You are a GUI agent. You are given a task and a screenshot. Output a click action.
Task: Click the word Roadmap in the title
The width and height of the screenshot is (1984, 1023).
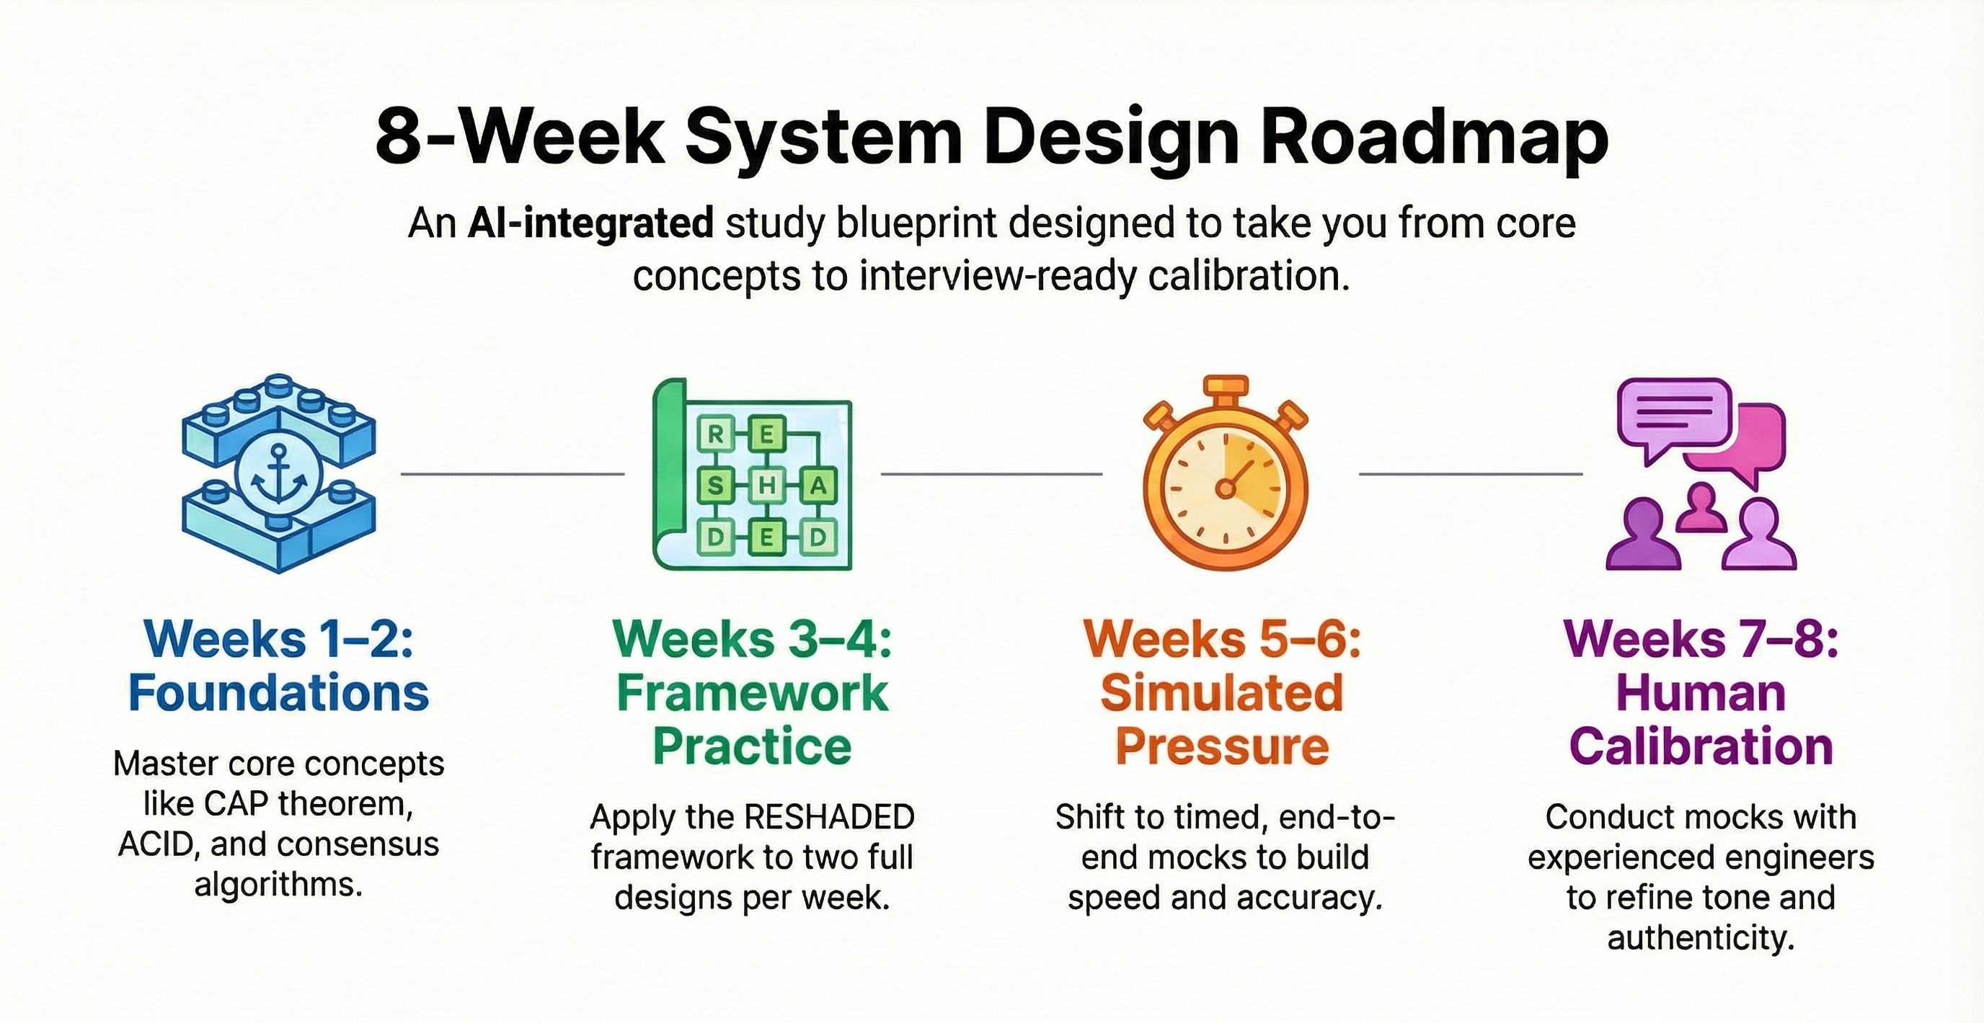tap(1433, 138)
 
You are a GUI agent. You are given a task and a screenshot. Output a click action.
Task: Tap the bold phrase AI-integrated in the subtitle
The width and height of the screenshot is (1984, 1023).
tap(590, 224)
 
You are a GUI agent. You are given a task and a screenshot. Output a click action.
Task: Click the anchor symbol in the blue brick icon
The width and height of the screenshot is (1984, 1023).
tap(278, 475)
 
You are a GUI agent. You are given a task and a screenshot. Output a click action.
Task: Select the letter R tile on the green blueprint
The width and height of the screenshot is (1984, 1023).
tap(715, 436)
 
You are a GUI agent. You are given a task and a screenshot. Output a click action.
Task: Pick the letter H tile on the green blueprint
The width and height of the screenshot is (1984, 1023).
tap(767, 486)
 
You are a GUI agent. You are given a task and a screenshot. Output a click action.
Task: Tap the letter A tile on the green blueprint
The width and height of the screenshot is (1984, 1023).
tap(818, 486)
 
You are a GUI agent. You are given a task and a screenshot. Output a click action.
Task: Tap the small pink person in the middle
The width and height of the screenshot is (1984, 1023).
tap(1701, 508)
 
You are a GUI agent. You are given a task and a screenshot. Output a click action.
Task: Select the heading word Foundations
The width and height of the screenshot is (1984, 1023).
tap(278, 693)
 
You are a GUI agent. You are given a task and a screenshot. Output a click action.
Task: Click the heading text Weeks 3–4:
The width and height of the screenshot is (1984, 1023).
tap(753, 639)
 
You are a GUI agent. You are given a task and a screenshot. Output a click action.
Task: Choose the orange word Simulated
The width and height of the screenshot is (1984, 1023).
tap(1222, 693)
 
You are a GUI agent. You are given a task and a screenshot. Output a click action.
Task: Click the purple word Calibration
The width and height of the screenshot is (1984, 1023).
tap(1701, 746)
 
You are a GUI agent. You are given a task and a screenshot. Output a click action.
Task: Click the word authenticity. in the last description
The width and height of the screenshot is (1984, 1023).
tap(1701, 938)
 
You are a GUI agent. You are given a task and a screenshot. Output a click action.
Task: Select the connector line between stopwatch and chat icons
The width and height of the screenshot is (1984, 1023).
tap(1470, 474)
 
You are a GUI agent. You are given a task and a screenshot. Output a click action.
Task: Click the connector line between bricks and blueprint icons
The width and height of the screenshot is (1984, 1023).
tap(512, 474)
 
